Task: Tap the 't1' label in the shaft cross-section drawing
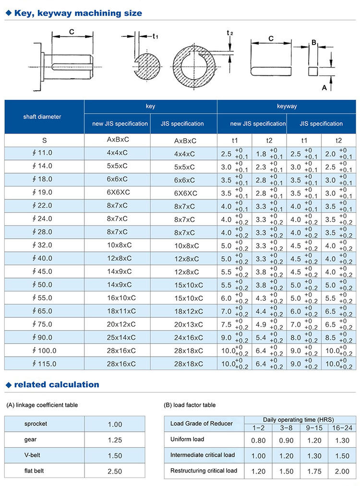coord(155,36)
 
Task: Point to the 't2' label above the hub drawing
coord(230,33)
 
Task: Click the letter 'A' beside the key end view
coord(324,87)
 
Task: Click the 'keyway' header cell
coord(287,106)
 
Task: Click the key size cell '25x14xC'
coord(118,337)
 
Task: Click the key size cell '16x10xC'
coord(118,298)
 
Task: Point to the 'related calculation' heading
coord(57,385)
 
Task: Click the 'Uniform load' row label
coord(187,439)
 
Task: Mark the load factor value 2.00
coord(342,471)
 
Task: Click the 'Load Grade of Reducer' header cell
coord(202,424)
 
